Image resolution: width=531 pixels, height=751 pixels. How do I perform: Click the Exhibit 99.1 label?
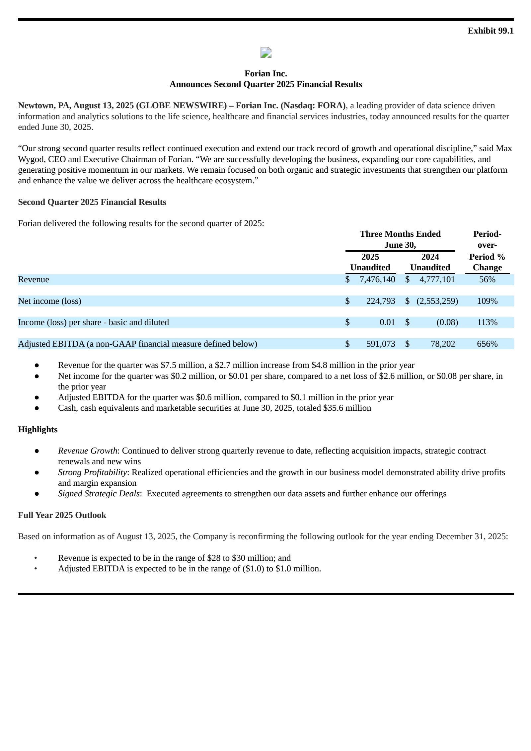[x=490, y=31]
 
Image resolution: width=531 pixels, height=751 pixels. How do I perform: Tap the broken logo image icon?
[x=266, y=52]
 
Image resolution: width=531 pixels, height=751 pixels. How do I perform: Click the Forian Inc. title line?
[x=265, y=73]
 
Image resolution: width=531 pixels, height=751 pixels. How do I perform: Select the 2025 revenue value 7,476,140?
[x=377, y=280]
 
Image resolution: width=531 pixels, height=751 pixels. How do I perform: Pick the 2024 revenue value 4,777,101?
[x=437, y=280]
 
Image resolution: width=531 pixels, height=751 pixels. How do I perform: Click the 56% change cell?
[x=487, y=280]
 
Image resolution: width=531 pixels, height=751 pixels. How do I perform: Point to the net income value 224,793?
[x=380, y=301]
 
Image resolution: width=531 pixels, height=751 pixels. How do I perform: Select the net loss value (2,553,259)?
[x=437, y=301]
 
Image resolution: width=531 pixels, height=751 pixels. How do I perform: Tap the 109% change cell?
[x=487, y=301]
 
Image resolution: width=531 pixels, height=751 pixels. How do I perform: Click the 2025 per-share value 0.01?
[x=387, y=322]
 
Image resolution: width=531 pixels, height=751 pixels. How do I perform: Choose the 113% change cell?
[x=487, y=322]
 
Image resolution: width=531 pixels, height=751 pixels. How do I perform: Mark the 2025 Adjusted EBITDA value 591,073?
[x=380, y=344]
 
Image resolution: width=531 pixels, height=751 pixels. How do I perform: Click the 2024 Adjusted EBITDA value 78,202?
[x=443, y=344]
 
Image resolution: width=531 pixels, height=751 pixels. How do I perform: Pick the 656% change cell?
[x=487, y=344]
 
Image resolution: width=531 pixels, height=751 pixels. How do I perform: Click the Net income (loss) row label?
[x=49, y=301]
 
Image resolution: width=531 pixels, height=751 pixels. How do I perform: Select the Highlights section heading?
[x=38, y=430]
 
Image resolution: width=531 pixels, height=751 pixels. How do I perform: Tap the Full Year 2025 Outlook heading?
[x=62, y=515]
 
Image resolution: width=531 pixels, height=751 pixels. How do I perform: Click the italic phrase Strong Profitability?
[x=92, y=472]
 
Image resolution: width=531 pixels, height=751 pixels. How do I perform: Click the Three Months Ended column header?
[x=400, y=234]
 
